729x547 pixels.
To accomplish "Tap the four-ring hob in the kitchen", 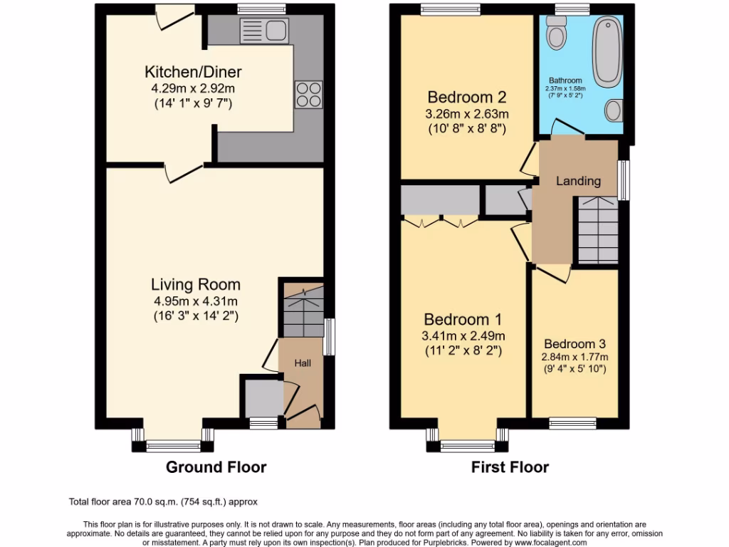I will (308, 94).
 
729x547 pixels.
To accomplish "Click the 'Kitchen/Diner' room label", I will (193, 72).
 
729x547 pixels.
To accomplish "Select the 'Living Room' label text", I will (195, 285).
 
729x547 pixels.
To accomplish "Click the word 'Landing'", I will (577, 181).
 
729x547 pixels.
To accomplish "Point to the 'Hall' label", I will (303, 363).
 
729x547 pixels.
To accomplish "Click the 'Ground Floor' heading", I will (216, 467).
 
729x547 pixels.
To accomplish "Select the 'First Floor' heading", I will (510, 467).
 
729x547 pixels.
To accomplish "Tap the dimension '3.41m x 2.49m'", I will (463, 335).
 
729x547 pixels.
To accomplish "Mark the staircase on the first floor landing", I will (597, 229).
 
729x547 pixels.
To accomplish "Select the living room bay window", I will (173, 447).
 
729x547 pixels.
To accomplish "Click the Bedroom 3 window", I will (572, 423).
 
